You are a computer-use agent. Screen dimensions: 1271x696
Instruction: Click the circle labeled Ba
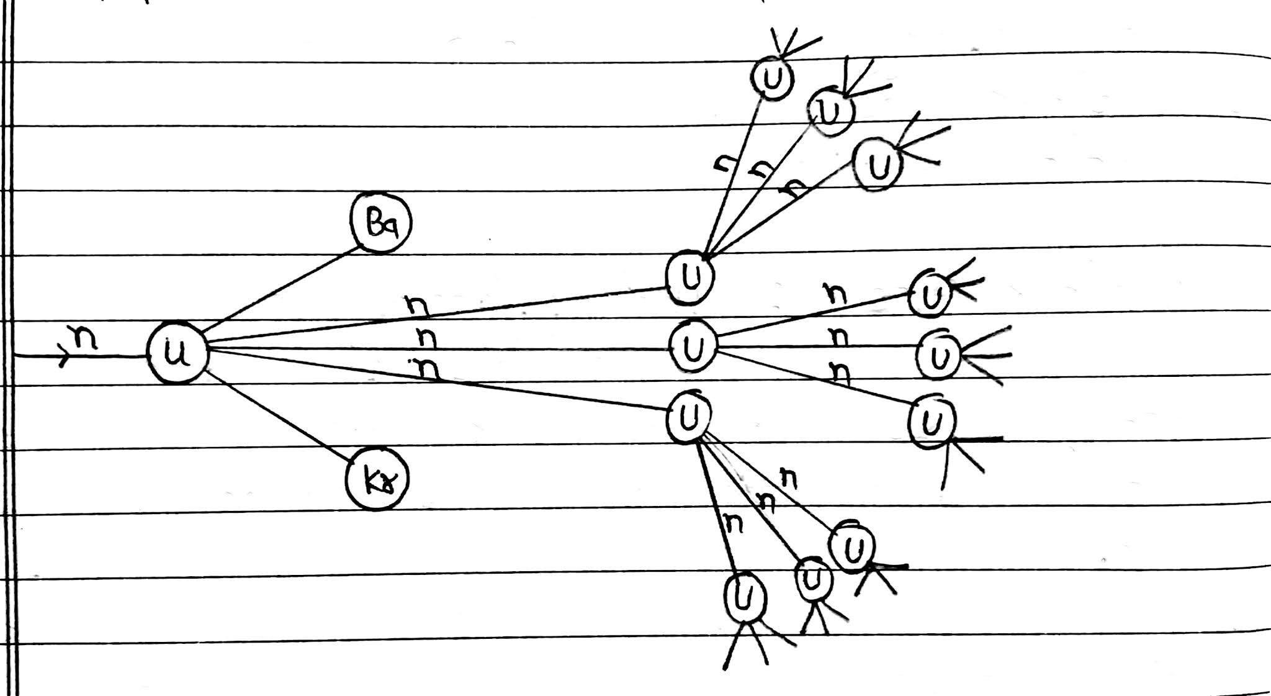(380, 222)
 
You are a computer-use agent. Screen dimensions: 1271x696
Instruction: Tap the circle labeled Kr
(377, 479)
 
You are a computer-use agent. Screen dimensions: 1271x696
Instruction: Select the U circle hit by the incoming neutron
(177, 353)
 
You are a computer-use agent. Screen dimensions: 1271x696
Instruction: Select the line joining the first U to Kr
(279, 415)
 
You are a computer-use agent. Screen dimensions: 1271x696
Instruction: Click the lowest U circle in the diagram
(744, 595)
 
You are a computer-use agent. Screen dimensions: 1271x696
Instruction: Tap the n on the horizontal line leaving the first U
(426, 338)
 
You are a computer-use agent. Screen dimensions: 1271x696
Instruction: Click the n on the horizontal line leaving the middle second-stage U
(838, 337)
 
